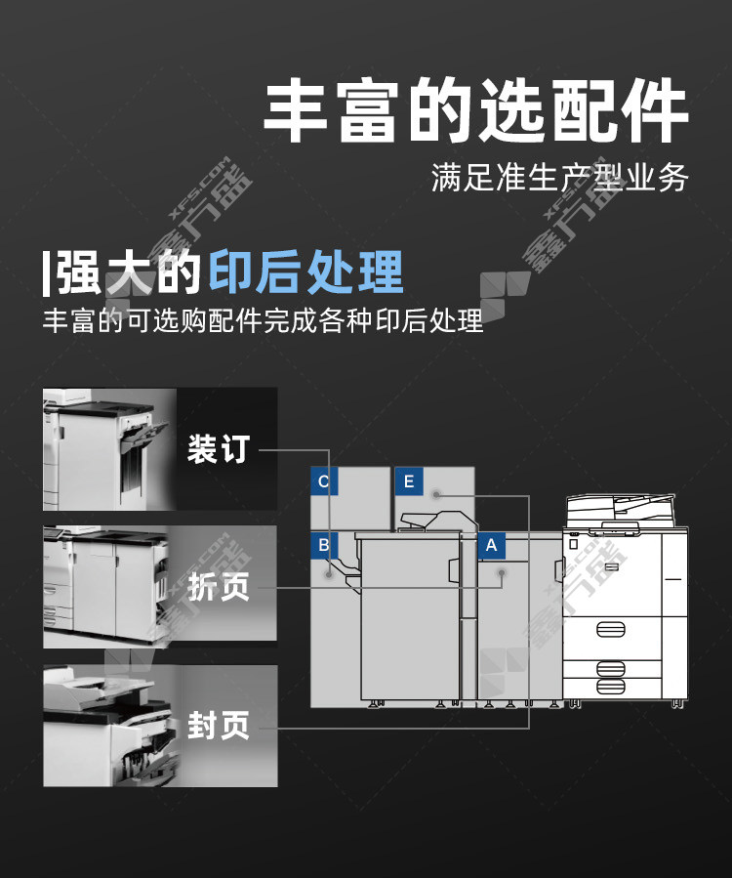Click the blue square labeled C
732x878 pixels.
(324, 481)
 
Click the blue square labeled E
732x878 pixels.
(409, 481)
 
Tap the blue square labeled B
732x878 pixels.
(324, 545)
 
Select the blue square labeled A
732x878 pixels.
(491, 545)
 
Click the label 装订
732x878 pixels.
(219, 449)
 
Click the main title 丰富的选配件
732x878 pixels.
(475, 110)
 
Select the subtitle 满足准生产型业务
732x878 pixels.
(559, 178)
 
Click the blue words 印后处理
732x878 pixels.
(306, 272)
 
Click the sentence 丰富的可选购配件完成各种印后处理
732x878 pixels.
(263, 320)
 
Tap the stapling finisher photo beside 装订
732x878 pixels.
(109, 449)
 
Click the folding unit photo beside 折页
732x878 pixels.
(106, 586)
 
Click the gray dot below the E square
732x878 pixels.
(436, 494)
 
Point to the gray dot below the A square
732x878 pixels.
(502, 573)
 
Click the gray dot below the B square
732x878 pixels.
(330, 574)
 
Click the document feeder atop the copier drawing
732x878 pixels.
(620, 510)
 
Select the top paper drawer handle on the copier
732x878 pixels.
(611, 629)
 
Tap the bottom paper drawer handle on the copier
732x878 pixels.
(611, 687)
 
